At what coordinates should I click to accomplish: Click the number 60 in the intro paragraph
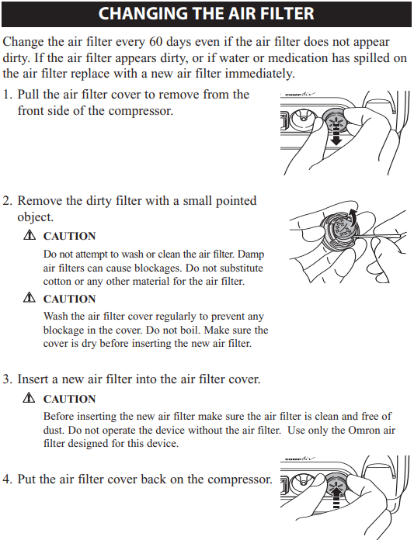pyautogui.click(x=156, y=42)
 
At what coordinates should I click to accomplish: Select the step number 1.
pyautogui.click(x=7, y=95)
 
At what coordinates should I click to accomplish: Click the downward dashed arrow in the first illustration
pyautogui.click(x=336, y=135)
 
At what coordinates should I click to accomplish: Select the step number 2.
pyautogui.click(x=7, y=201)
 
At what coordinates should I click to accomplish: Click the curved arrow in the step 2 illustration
pyautogui.click(x=353, y=217)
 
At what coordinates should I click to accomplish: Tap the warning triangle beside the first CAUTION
pyautogui.click(x=30, y=235)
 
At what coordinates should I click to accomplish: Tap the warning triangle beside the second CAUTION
pyautogui.click(x=30, y=298)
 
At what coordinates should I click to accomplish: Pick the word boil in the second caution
pyautogui.click(x=191, y=330)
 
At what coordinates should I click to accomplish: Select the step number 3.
pyautogui.click(x=7, y=379)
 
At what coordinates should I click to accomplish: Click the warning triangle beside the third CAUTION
pyautogui.click(x=30, y=398)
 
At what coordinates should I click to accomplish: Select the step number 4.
pyautogui.click(x=7, y=479)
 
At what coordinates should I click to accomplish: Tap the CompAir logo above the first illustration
pyautogui.click(x=300, y=94)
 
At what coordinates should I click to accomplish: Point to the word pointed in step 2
pyautogui.click(x=236, y=201)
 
